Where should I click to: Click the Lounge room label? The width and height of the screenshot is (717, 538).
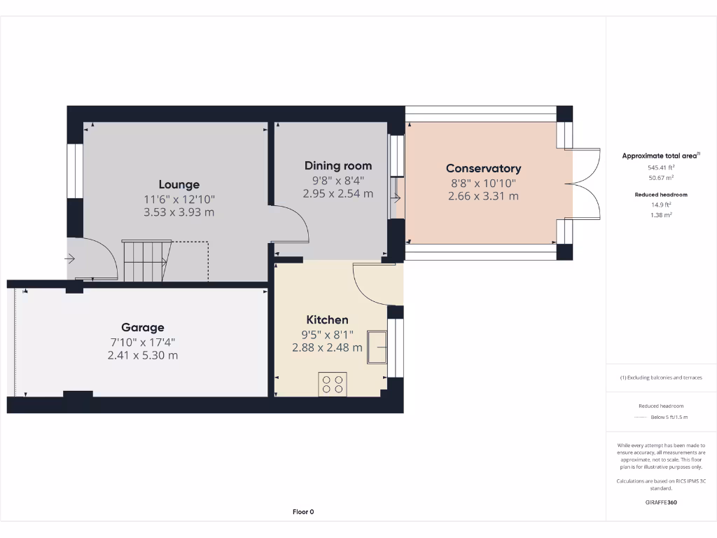(x=179, y=184)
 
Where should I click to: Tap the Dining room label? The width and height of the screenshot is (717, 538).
(x=337, y=166)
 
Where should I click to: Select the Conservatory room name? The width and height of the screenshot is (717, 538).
(x=483, y=168)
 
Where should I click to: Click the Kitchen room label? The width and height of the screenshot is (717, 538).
(x=327, y=319)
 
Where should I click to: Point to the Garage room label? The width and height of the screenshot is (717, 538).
(x=143, y=327)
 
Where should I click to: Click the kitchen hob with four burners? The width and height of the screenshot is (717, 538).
(x=332, y=383)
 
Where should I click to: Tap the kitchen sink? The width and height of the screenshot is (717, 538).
(x=379, y=347)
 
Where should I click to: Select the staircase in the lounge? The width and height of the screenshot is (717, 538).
(x=146, y=261)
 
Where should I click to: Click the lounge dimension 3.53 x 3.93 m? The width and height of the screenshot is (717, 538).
(x=179, y=212)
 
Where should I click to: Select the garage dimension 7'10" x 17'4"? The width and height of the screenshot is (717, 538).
(x=143, y=342)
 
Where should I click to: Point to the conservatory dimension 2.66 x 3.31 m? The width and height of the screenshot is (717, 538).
(x=483, y=196)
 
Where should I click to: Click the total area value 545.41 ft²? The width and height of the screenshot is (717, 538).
(x=661, y=167)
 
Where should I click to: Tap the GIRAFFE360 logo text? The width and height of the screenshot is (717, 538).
(x=661, y=502)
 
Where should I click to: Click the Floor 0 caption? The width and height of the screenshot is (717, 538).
(x=302, y=512)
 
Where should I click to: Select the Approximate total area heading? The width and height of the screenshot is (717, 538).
(x=660, y=156)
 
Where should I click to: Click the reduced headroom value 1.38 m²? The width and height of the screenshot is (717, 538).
(x=661, y=215)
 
